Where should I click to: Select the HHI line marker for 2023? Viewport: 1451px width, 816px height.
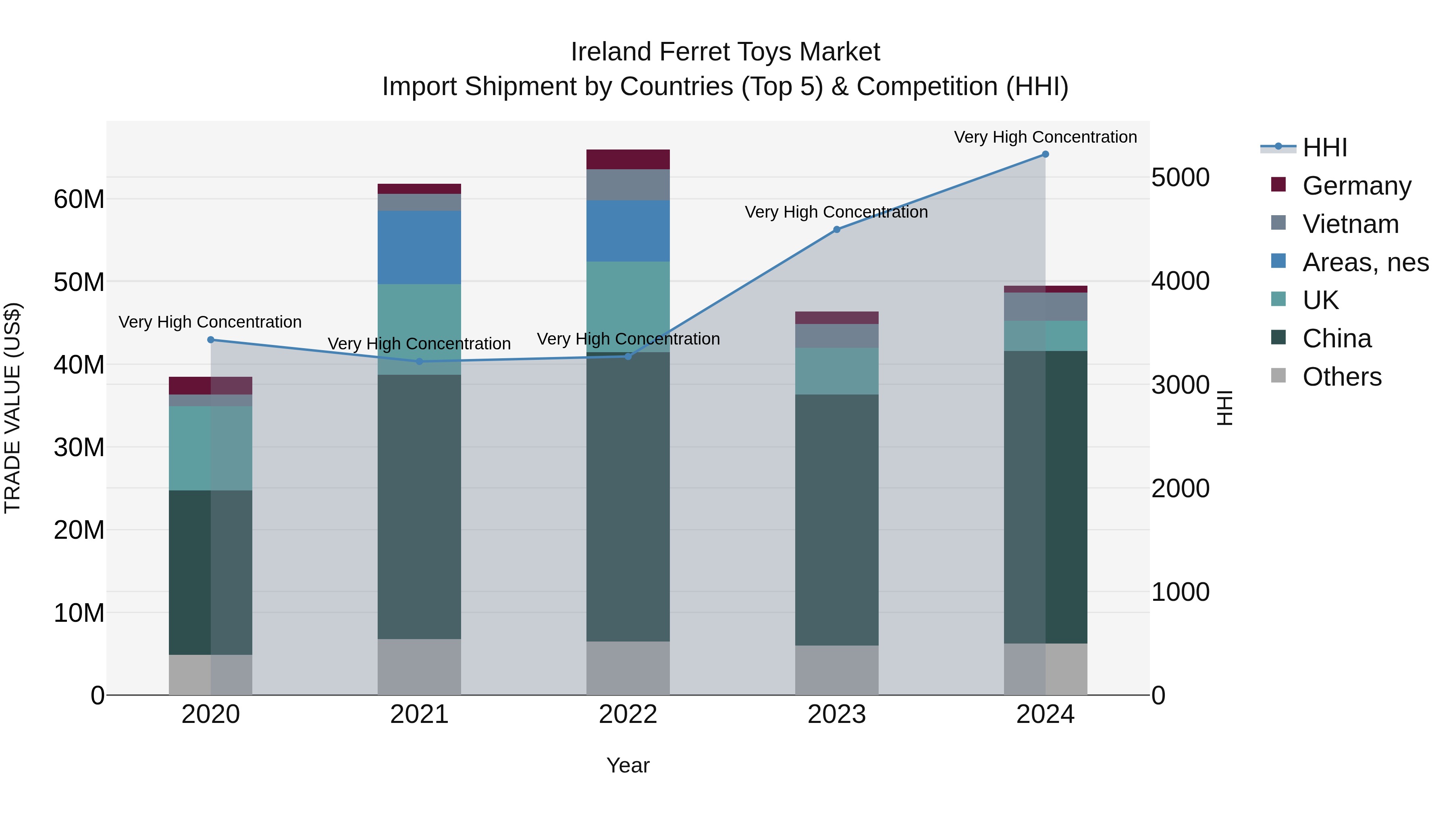coord(836,229)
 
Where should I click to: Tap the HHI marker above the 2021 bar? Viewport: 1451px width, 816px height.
coord(419,361)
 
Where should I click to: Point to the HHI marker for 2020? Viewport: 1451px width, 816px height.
coord(211,340)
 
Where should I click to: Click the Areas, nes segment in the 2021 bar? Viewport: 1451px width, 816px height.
coord(419,247)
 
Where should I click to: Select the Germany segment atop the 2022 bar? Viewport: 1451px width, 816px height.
coord(628,159)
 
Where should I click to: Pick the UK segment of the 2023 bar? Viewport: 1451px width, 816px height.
coord(836,371)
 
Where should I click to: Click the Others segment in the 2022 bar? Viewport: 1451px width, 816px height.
coord(628,668)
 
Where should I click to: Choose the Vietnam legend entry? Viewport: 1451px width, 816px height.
coord(1350,224)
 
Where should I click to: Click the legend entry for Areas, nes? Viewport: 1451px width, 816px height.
coord(1365,262)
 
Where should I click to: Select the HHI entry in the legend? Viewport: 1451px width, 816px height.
coord(1324,147)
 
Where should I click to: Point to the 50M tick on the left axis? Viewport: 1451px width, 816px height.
coord(79,282)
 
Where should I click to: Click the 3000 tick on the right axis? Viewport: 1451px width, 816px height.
coord(1180,385)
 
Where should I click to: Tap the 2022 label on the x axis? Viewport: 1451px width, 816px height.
coord(628,714)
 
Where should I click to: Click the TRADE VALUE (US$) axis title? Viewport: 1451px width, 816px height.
coord(12,408)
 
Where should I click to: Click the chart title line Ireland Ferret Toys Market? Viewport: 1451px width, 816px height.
coord(725,52)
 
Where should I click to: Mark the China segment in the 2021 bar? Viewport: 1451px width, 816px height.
coord(419,507)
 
